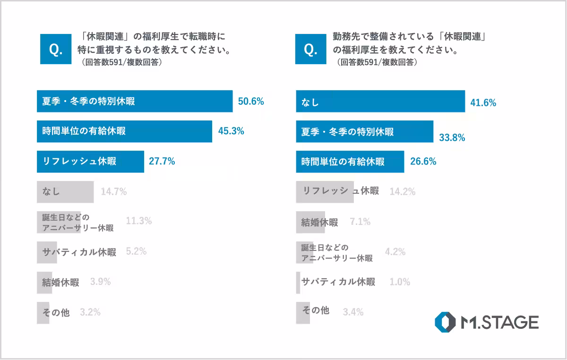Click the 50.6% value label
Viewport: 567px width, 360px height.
click(x=250, y=102)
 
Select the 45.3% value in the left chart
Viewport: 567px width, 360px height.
click(x=231, y=131)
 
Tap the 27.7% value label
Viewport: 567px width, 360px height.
click(x=162, y=162)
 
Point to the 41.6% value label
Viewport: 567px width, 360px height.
click(x=483, y=103)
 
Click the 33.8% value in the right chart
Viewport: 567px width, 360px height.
click(x=452, y=138)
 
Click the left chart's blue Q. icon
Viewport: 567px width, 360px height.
click(x=56, y=48)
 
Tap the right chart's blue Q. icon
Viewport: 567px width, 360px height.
click(x=311, y=48)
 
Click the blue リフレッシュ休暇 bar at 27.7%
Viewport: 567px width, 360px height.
click(x=90, y=162)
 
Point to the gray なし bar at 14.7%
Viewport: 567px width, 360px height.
click(x=65, y=192)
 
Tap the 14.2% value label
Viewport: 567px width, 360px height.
click(x=402, y=192)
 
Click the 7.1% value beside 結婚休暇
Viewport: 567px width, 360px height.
click(x=360, y=222)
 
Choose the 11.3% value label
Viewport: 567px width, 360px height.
click(x=139, y=221)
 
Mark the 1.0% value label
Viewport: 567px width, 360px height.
click(x=400, y=282)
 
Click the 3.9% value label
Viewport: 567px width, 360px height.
click(x=100, y=282)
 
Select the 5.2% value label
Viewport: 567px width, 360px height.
click(x=137, y=252)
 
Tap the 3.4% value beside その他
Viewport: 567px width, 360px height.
click(x=352, y=312)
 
